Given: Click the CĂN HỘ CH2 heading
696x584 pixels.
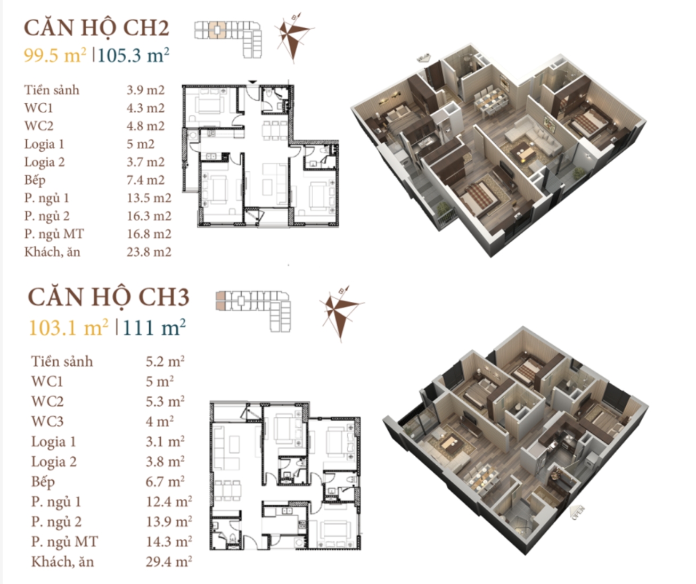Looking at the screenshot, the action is click(x=97, y=28).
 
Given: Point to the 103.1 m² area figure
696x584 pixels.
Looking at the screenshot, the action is click(x=69, y=327).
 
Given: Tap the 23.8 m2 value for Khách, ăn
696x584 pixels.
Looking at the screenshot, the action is click(x=149, y=252).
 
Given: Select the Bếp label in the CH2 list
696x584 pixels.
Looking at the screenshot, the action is click(x=35, y=180).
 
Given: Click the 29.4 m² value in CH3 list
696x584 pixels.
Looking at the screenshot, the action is click(x=169, y=562).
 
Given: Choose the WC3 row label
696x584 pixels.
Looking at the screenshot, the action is click(x=47, y=422).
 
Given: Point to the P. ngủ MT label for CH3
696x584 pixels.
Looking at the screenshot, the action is click(x=64, y=542).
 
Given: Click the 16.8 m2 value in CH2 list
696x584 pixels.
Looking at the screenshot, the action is click(x=149, y=234).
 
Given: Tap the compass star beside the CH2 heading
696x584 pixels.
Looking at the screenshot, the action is click(x=293, y=36).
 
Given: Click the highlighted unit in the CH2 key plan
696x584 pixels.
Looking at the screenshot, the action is click(x=217, y=30).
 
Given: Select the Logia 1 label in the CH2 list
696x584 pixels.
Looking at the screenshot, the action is click(x=44, y=144).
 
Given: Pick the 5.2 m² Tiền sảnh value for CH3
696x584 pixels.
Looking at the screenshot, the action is click(x=165, y=361).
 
